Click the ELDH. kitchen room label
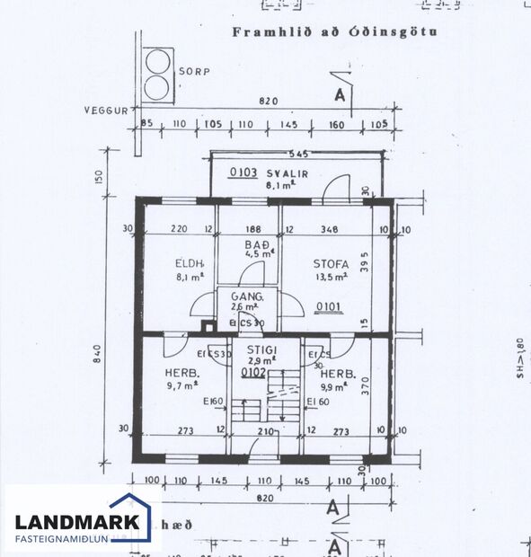(x=190, y=264)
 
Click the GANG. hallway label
(x=246, y=296)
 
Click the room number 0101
(x=329, y=307)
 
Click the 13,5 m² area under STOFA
(x=327, y=278)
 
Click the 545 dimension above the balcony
(x=297, y=155)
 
